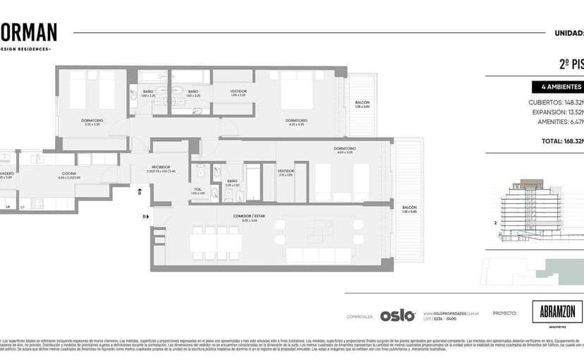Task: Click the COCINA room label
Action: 68,173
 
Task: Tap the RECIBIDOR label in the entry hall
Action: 161,167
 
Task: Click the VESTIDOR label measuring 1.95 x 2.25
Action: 238,92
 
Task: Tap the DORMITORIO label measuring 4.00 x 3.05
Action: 345,148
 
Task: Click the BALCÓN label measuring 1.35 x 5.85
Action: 409,207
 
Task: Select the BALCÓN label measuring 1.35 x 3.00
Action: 362,103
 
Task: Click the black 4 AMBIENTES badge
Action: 557,88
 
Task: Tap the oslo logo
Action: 397,316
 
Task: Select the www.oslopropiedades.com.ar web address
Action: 451,312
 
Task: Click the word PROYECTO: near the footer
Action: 505,312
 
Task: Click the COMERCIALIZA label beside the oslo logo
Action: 360,316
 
